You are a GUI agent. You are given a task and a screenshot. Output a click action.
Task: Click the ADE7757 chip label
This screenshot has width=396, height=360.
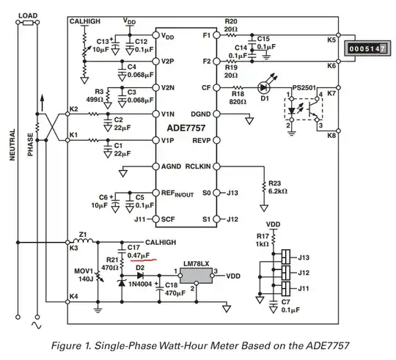click(x=186, y=128)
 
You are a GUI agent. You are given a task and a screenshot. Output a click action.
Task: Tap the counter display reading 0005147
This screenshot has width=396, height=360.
click(x=367, y=48)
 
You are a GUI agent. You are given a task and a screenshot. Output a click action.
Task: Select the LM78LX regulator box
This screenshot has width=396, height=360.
click(x=196, y=276)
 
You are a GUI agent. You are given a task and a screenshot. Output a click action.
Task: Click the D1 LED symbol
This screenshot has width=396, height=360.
click(x=264, y=88)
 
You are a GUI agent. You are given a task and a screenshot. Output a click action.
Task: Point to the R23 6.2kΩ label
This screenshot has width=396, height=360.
click(x=278, y=187)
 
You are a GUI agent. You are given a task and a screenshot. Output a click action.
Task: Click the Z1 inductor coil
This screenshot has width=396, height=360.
click(x=83, y=240)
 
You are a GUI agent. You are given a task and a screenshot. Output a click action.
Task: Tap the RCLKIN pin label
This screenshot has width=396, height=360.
click(x=198, y=166)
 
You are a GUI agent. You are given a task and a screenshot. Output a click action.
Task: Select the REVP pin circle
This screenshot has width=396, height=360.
click(x=216, y=140)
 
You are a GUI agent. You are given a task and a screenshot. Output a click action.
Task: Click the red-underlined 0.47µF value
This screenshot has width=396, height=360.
click(x=139, y=255)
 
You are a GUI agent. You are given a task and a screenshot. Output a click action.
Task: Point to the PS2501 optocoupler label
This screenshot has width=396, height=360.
click(x=304, y=87)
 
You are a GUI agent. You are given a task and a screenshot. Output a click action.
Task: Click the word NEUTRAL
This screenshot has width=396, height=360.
click(x=12, y=144)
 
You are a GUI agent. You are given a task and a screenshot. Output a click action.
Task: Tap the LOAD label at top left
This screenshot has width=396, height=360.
click(x=28, y=15)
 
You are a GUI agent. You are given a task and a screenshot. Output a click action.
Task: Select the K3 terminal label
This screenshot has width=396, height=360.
click(x=73, y=248)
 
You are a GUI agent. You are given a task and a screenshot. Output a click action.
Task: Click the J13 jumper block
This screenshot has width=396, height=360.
click(x=286, y=257)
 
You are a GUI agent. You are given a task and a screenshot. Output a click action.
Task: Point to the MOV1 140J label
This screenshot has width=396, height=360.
click(x=84, y=275)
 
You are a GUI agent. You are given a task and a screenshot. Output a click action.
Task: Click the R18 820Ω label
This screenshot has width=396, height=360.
click(x=238, y=98)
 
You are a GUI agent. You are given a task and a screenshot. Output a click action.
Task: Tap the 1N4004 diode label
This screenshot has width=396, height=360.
click(x=140, y=284)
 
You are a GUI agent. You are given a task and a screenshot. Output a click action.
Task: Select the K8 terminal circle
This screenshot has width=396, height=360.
click(x=338, y=131)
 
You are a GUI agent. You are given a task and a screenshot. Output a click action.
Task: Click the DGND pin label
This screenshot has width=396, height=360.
click(x=200, y=114)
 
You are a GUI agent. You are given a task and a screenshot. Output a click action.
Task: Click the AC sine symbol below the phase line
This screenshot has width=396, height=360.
click(x=37, y=325)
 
